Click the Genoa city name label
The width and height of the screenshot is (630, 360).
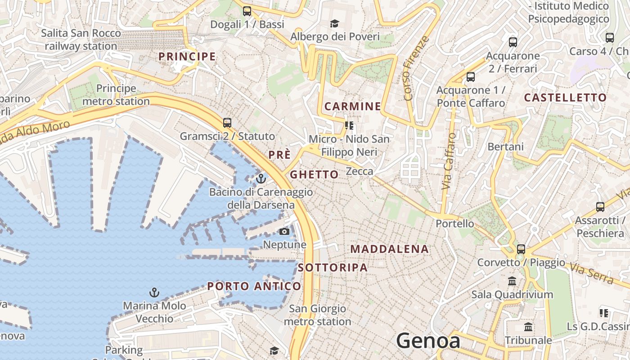(x=428, y=341)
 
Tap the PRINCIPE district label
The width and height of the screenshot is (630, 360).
(x=187, y=56)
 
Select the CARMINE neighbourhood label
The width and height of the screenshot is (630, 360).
(x=353, y=106)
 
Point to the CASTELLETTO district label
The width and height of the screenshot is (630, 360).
(x=565, y=98)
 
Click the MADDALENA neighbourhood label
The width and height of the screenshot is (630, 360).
(x=390, y=249)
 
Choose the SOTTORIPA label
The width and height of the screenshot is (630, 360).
(x=333, y=267)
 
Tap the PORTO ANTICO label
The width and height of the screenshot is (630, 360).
(x=254, y=286)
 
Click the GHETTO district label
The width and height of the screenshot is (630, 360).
(x=314, y=175)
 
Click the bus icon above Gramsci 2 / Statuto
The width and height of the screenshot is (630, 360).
(x=227, y=122)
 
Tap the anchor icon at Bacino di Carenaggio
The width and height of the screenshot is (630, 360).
(x=261, y=179)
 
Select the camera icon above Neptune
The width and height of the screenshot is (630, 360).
(x=284, y=231)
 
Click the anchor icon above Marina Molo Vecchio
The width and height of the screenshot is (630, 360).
(x=154, y=292)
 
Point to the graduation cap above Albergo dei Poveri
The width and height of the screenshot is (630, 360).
(x=334, y=23)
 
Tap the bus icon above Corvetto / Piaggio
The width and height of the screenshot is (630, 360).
(x=521, y=249)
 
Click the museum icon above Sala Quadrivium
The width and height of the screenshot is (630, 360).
(x=512, y=281)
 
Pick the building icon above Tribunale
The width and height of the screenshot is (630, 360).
(x=528, y=327)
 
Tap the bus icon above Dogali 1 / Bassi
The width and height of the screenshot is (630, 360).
(x=247, y=11)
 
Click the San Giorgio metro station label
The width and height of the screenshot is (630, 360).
(x=317, y=315)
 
